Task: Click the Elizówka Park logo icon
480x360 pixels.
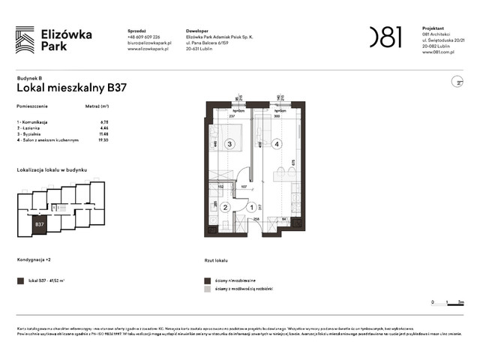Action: click(25, 40)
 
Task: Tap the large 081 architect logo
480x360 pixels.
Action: click(385, 37)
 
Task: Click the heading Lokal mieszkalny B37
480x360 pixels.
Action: click(71, 87)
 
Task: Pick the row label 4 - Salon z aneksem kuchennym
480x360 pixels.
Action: click(48, 139)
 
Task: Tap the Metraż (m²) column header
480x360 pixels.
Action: click(98, 107)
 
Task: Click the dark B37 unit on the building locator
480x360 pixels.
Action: click(40, 223)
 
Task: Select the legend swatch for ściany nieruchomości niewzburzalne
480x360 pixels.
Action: click(208, 280)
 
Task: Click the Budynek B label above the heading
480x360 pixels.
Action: click(29, 77)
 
